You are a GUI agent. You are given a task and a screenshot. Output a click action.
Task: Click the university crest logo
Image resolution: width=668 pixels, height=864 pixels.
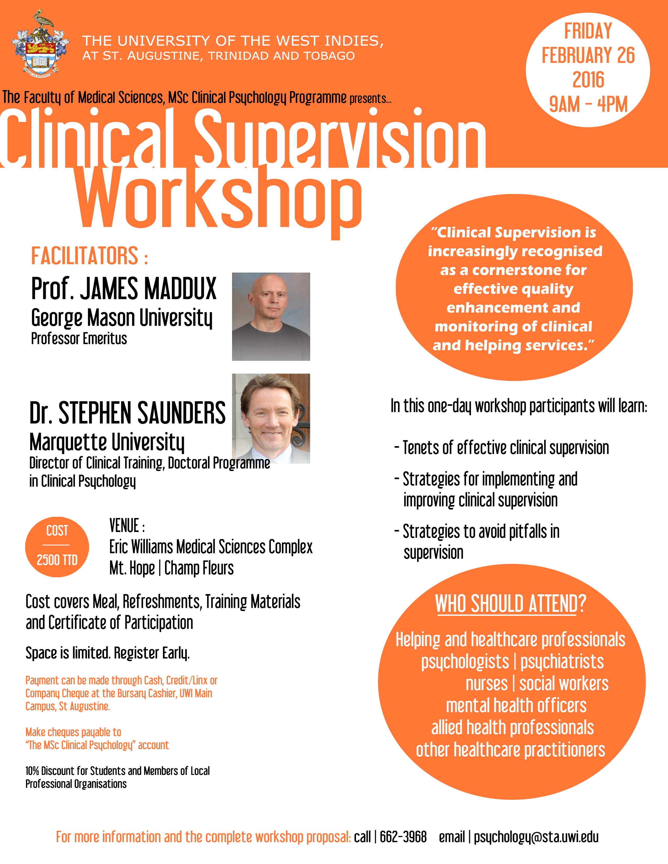41,43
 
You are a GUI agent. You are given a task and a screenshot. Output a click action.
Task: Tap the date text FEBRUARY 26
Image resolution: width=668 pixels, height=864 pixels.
588,56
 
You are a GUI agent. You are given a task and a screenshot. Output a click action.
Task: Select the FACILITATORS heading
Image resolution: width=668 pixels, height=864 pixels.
89,256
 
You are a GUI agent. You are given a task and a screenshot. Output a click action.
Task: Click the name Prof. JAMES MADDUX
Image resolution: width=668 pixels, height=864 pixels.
124,289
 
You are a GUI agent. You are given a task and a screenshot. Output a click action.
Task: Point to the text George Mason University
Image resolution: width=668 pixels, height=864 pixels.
122,318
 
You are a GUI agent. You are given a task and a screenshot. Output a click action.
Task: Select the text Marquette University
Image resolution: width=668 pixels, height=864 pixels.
107,442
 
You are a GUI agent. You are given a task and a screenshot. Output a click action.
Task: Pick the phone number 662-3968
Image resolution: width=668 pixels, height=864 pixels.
403,837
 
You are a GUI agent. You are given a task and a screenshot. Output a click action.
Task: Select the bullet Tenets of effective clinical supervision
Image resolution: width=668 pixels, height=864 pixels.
502,448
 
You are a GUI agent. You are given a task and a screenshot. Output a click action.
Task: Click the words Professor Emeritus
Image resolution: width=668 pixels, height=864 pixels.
79,339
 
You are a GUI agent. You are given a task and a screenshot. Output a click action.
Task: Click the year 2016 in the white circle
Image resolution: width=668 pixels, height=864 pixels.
588,80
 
